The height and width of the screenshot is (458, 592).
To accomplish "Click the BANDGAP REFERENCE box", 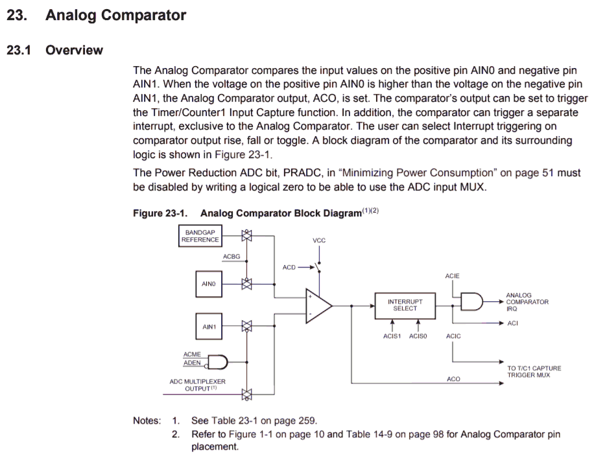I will [x=200, y=236].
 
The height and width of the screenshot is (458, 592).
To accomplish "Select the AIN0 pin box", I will [x=208, y=284].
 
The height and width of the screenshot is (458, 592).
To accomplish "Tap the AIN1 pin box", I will [x=208, y=326].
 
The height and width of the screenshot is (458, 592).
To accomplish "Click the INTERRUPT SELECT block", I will [x=405, y=304].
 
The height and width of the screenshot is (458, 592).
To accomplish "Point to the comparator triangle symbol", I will [x=318, y=305].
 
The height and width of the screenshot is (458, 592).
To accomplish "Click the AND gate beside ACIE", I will [x=471, y=301].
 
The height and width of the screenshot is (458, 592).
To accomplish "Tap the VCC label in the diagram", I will [x=319, y=240].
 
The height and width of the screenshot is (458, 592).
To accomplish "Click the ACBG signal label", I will [x=231, y=257].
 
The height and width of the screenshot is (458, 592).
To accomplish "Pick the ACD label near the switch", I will [x=289, y=267].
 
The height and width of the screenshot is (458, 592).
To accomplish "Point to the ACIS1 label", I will [x=392, y=336].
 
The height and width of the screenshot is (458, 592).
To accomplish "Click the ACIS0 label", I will [x=418, y=336].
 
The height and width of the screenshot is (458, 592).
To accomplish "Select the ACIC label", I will [x=453, y=336].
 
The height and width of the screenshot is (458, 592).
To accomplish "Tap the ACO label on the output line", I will [x=453, y=379].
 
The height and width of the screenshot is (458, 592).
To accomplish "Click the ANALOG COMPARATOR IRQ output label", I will [x=527, y=302].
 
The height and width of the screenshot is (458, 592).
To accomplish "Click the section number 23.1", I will [x=19, y=51].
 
